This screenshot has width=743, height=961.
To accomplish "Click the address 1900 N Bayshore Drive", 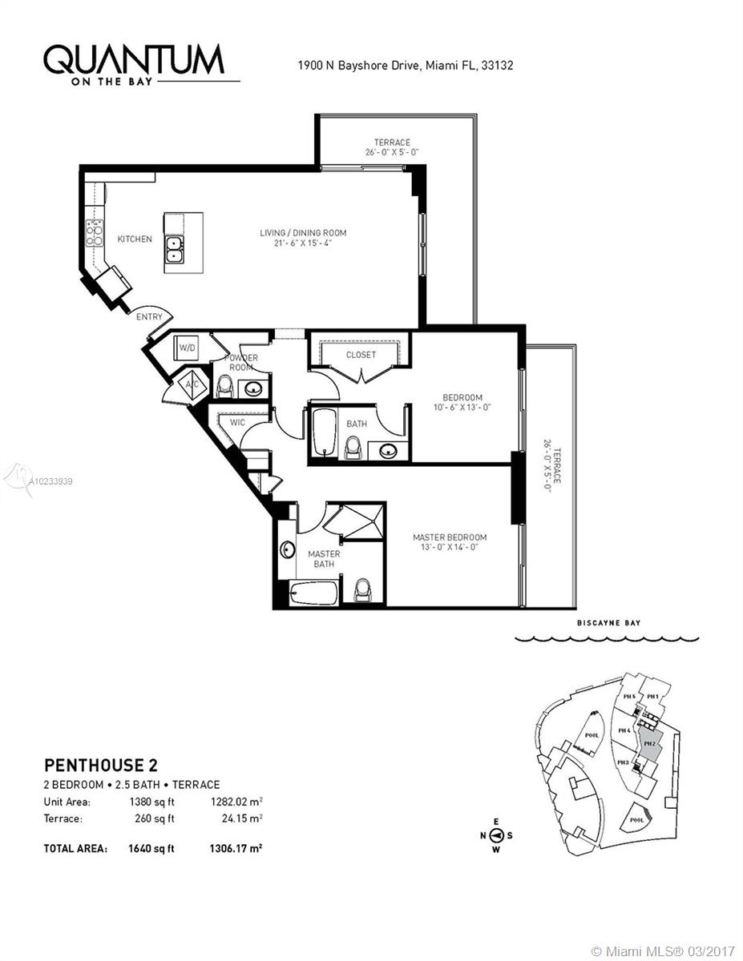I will (358, 66).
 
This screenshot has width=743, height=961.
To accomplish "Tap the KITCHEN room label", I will (135, 239).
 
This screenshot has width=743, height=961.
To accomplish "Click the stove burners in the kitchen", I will (95, 232).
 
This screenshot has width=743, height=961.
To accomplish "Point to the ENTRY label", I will (150, 317).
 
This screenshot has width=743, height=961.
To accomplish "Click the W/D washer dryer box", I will (188, 348).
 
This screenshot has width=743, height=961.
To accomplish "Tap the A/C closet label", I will (192, 384).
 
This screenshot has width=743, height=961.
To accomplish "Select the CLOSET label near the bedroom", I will (361, 355).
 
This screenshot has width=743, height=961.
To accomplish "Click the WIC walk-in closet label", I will (237, 421).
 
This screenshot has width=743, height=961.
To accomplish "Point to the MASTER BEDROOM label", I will (450, 537).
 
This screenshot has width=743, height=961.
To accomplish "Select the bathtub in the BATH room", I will (322, 432).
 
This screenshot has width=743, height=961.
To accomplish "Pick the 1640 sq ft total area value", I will (151, 848).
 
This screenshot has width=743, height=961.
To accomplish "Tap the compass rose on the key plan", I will (496, 835).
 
